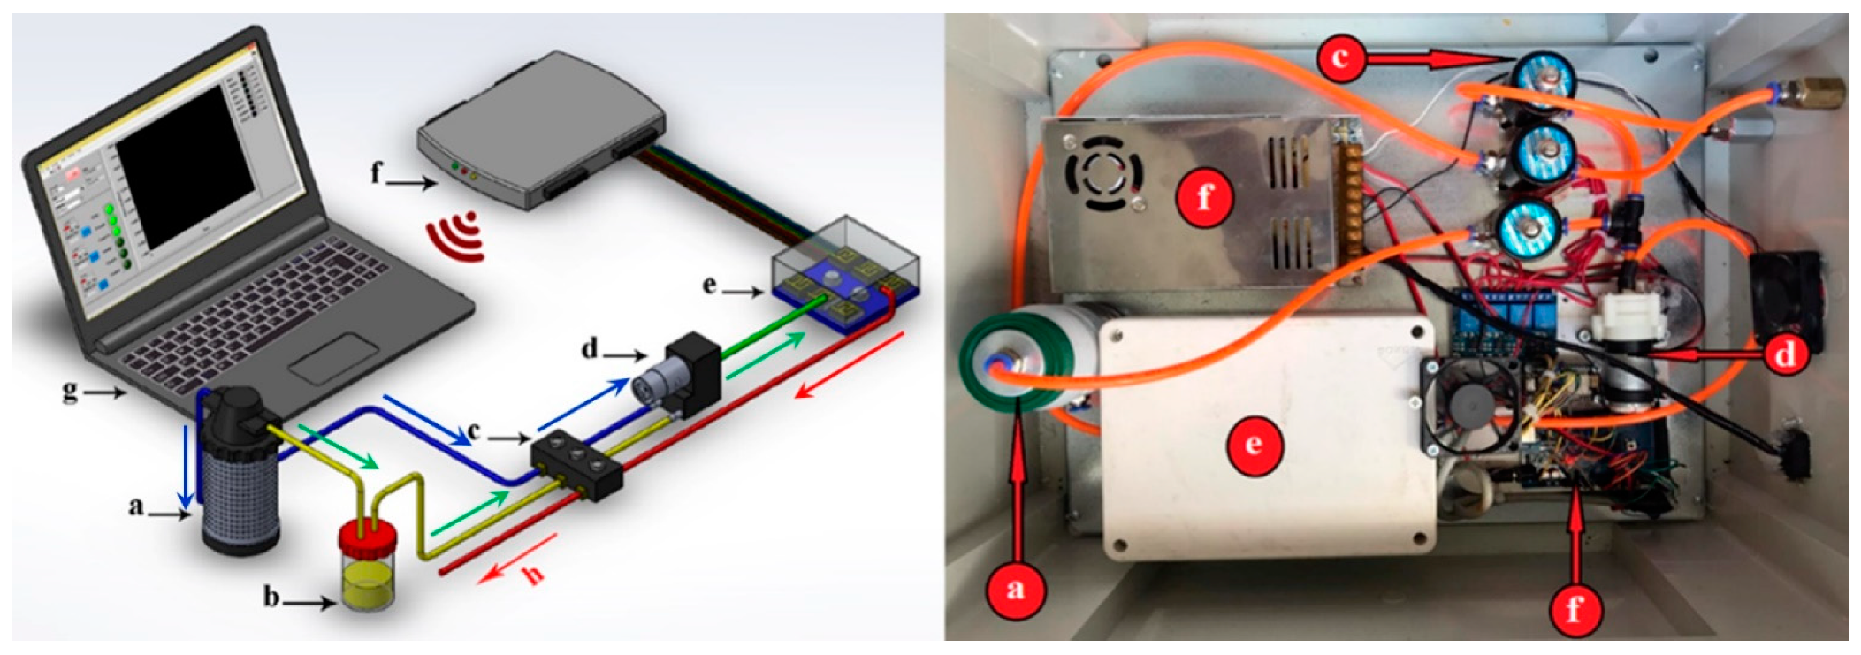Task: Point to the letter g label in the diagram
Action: (70, 390)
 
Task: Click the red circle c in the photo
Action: (1341, 58)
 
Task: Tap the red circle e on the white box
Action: (1253, 444)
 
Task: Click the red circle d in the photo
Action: (1784, 354)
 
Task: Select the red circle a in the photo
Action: (1014, 588)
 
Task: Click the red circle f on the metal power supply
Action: (1204, 197)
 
